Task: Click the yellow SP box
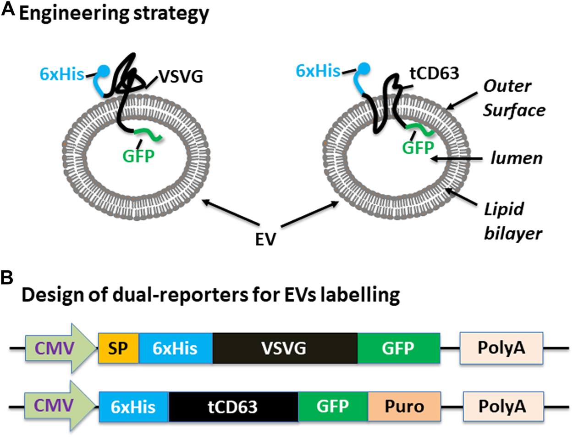coord(118,348)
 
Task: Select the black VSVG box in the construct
coord(285,348)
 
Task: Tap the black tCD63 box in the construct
coord(234,406)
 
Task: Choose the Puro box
coord(404,406)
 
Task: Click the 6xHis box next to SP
coord(176,348)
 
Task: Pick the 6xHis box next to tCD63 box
coord(134,406)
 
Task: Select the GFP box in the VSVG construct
coord(398,348)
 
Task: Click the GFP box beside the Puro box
coord(333,406)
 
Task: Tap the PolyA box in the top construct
coord(501,348)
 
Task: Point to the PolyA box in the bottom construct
coord(503,406)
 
